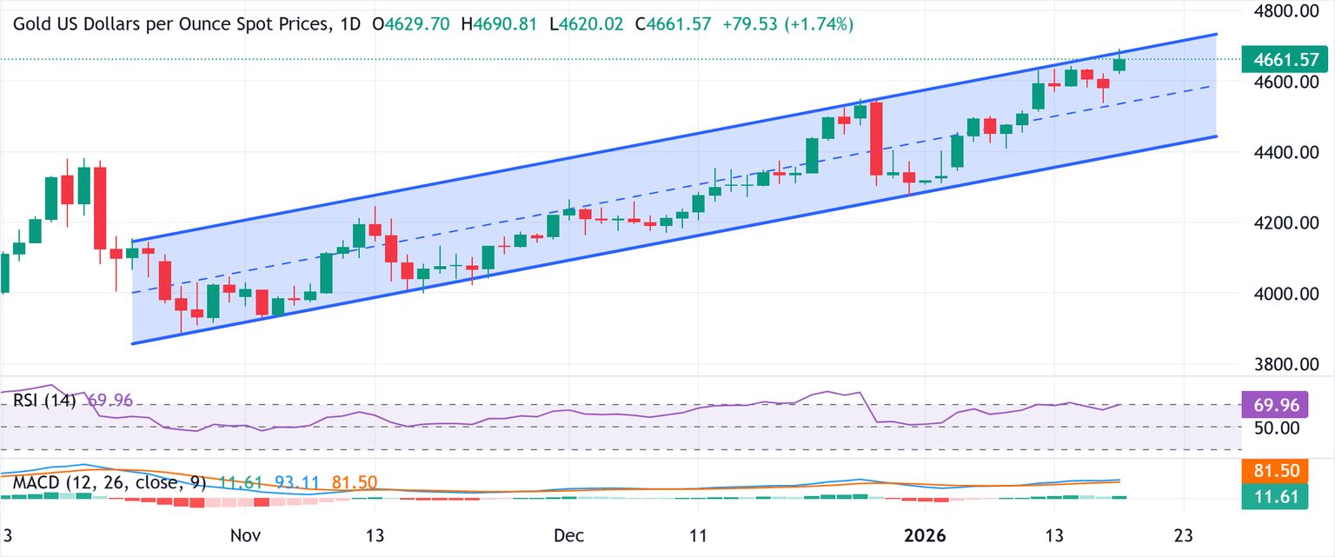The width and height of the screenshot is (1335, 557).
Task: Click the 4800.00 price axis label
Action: [x=1279, y=12]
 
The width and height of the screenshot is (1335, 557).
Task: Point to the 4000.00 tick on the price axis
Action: [x=1279, y=295]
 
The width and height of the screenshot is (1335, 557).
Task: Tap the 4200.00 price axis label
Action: [x=1279, y=223]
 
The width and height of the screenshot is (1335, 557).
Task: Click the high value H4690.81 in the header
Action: [x=498, y=24]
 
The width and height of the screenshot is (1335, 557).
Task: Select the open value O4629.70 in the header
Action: [x=411, y=24]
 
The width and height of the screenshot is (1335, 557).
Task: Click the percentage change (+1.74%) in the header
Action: [x=819, y=24]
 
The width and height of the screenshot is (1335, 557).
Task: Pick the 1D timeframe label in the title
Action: [x=349, y=24]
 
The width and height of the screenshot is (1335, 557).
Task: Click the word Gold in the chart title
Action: [x=31, y=24]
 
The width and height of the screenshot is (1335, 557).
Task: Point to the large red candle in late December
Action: [x=876, y=139]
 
